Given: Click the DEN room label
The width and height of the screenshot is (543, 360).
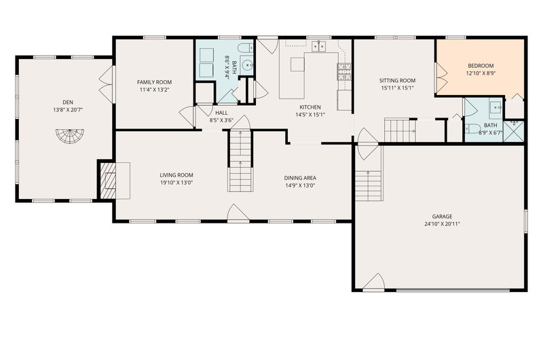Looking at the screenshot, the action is coord(68,102).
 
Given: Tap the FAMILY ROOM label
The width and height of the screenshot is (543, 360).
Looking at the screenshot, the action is coord(155,82).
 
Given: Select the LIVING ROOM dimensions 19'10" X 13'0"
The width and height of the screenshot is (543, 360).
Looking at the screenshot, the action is coord(176,183).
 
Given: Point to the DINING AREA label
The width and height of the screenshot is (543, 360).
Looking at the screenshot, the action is coord(300,178).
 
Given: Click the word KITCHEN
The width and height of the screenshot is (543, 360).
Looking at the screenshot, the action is coord(310,107).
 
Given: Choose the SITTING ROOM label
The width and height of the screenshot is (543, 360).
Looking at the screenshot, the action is coord(397,80).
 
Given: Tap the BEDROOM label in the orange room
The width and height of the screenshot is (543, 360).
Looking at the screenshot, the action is coord(481,65).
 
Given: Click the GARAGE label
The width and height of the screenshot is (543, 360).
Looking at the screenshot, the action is coord(442,217).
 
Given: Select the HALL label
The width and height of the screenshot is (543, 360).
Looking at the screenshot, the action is coord(222,113).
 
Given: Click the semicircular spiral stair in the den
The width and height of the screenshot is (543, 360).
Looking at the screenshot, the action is coord(71,136).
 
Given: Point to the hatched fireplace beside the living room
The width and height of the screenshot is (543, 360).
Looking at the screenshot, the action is coord(108,181).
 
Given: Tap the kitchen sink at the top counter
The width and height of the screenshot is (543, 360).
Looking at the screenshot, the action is coord(319,46).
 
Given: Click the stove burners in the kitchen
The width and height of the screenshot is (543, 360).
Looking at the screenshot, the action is coord(344,72).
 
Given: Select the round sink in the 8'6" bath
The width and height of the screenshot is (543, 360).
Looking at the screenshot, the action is coord(247,65).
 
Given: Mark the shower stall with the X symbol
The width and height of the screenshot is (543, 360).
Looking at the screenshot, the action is coord(514,131).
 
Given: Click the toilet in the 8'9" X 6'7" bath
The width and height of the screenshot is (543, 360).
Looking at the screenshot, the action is coord(472,129).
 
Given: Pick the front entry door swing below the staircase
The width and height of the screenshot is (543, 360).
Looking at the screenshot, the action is coord(238,212).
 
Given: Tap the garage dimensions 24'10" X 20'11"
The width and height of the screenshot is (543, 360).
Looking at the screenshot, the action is coord(442,224).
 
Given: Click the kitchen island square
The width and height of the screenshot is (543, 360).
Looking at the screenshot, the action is coord(297,65).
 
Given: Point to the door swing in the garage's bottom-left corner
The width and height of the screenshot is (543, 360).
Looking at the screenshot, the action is coord(374,281).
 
